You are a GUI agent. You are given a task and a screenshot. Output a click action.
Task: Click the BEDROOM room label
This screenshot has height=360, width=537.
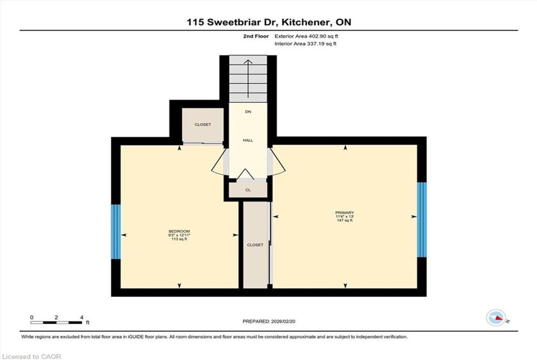(179, 231)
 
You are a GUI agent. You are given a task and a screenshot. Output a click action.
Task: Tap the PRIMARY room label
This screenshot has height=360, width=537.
(345, 213)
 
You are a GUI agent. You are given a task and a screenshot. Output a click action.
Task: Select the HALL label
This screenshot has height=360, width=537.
(248, 140)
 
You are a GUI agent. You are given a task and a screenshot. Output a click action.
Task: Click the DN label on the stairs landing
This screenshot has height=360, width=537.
(248, 112)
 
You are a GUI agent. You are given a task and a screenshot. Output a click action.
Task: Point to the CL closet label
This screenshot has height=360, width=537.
(248, 190)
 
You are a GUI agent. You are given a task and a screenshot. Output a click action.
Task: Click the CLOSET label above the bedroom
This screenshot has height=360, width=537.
(203, 125)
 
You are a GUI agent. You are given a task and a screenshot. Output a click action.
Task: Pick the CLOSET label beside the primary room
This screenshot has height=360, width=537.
(255, 245)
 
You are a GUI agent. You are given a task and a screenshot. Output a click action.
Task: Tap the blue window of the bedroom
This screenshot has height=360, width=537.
(116, 232)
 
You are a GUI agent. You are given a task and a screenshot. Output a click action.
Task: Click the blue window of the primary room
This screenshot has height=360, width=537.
(422, 220)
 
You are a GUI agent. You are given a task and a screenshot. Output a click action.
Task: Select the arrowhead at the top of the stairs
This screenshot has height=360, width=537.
(248, 62)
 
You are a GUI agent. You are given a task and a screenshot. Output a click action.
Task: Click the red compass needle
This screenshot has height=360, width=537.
(499, 318)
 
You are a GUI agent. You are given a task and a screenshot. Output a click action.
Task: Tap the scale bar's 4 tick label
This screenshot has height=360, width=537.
(82, 318)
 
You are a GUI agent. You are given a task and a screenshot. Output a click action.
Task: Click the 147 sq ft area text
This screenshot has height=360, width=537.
(345, 220)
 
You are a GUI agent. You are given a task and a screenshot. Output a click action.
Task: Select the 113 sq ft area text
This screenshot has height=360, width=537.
(179, 239)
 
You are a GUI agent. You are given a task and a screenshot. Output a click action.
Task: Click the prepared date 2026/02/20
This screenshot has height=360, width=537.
(283, 322)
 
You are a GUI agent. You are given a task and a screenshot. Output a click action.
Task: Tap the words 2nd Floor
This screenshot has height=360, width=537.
(256, 36)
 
